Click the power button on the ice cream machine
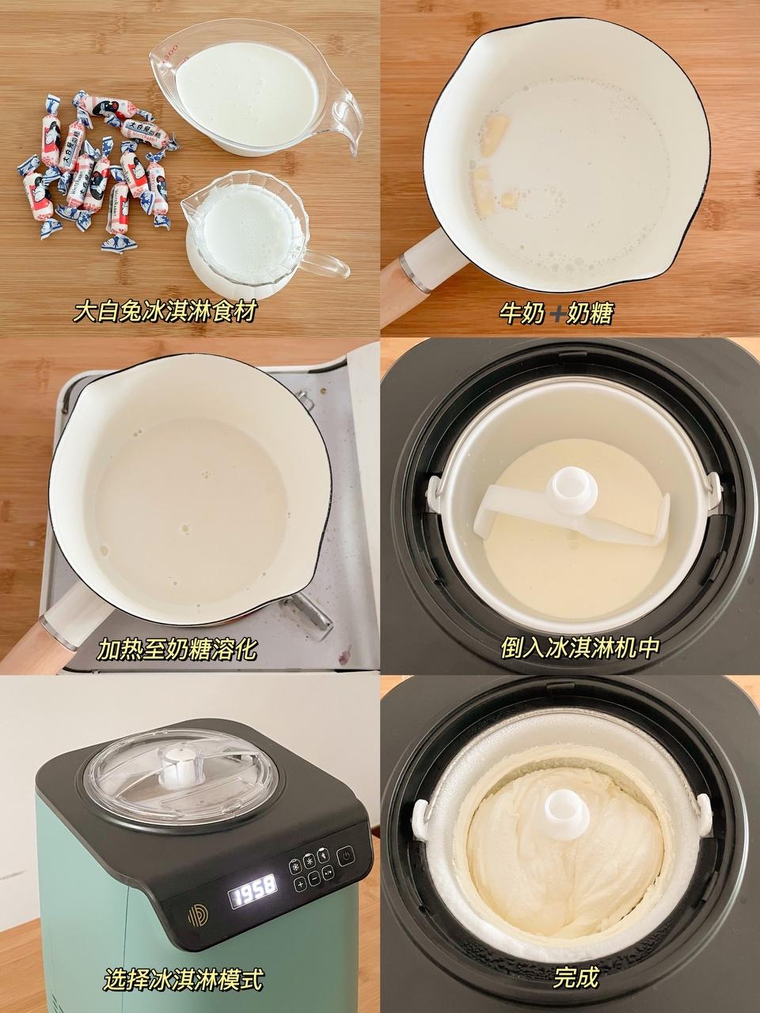(346, 856)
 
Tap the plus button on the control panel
(300, 885)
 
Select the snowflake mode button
(295, 867)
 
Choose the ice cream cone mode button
(323, 856)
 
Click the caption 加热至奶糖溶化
(177, 651)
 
